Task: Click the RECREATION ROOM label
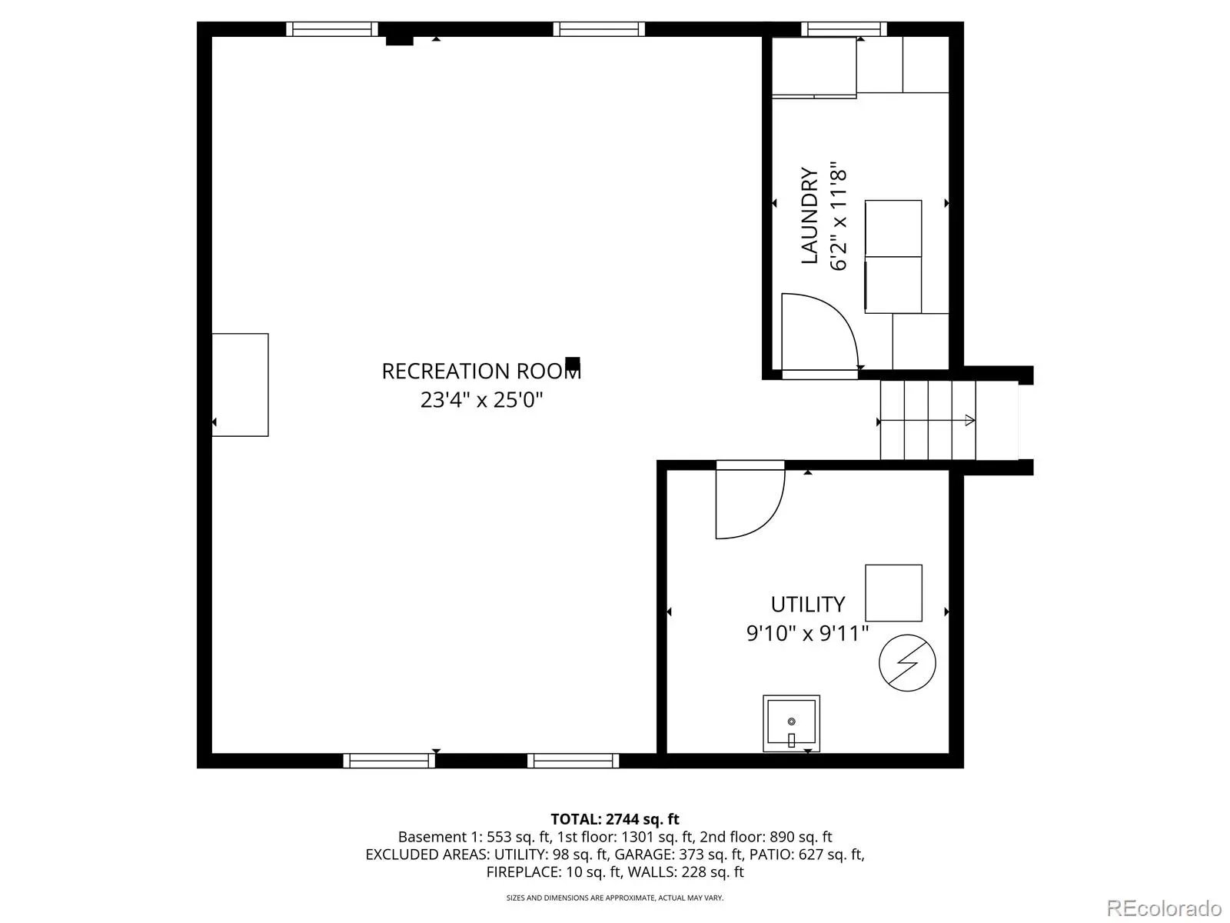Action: coord(480,371)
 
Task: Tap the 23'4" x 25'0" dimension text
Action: coord(481,400)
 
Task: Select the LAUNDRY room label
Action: coord(809,215)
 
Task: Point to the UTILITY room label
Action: coord(807,605)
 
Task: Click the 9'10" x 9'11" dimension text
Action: coord(807,634)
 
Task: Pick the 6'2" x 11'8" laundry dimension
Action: coord(838,216)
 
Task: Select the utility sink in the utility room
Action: coord(791,724)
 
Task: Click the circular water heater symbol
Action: coord(907,663)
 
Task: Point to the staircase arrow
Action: coord(927,420)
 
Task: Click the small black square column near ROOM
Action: coord(572,363)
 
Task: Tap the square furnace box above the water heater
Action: coord(893,593)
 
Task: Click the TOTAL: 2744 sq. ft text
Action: coord(615,819)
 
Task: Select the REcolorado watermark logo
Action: coord(1165,908)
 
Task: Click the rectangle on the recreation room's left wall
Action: coord(240,385)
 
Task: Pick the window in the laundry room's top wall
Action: coord(843,29)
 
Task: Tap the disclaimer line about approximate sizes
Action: coord(615,898)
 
